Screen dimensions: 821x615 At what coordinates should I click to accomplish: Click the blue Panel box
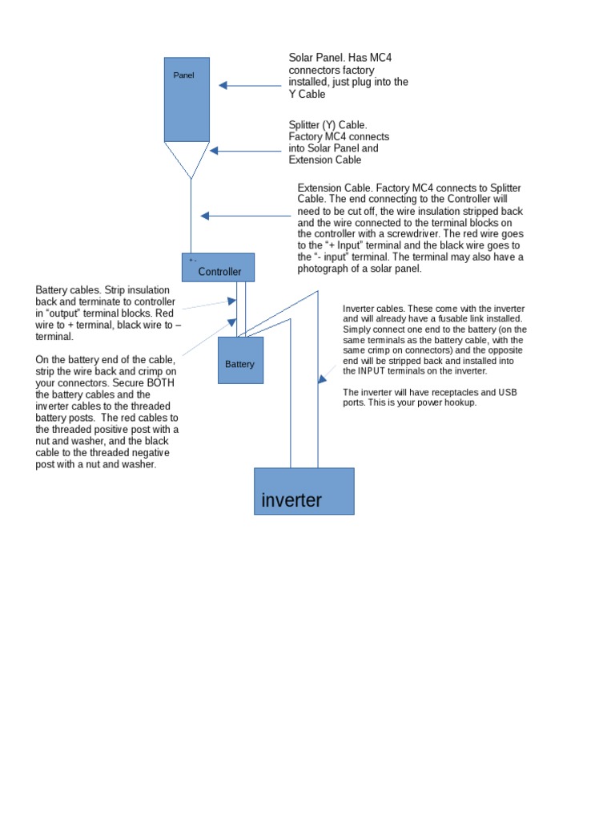187,99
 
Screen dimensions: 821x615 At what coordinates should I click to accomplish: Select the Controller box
218,268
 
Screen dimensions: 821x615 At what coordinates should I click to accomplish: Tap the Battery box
240,360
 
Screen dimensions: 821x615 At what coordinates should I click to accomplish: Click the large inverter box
304,491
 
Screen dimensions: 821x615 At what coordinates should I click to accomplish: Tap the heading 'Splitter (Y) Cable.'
328,125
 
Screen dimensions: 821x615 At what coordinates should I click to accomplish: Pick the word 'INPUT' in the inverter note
374,371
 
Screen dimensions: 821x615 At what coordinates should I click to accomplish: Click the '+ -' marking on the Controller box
193,261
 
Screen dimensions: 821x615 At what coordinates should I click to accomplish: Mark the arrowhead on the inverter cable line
321,378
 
